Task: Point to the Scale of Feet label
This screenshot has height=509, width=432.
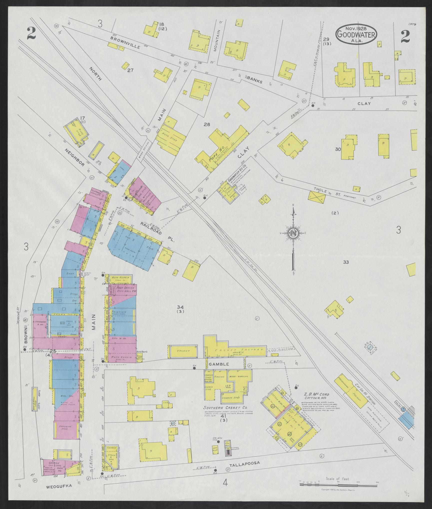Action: click(337, 479)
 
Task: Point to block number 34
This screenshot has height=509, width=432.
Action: click(180, 307)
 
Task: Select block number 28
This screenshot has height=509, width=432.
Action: click(207, 124)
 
